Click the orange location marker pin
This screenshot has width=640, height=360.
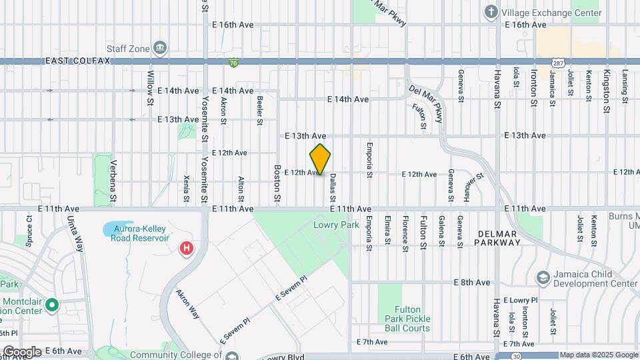pyautogui.click(x=320, y=160)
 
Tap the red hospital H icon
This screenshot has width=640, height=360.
pyautogui.click(x=187, y=249)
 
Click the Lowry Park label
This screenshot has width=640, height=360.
pyautogui.click(x=327, y=225)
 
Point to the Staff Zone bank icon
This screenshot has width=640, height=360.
pyautogui.click(x=160, y=48)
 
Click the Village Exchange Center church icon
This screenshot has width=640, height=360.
pyautogui.click(x=491, y=12)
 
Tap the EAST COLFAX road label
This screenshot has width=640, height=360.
pyautogui.click(x=77, y=61)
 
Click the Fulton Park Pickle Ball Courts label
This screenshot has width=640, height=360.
pyautogui.click(x=412, y=319)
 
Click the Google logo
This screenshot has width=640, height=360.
pyautogui.click(x=22, y=351)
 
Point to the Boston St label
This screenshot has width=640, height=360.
pyautogui.click(x=277, y=185)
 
